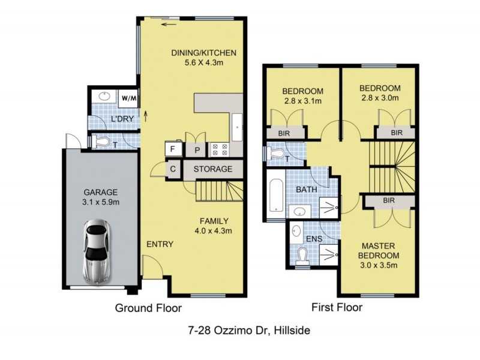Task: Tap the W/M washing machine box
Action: [x=128, y=97]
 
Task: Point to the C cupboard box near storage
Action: [x=173, y=169]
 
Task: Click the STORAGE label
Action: [x=212, y=169]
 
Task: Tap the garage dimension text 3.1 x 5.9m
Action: [x=101, y=202]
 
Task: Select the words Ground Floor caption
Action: [x=148, y=308]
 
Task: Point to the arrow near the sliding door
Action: [x=169, y=25]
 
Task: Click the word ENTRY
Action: [x=160, y=244]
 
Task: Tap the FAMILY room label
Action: [x=214, y=220]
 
